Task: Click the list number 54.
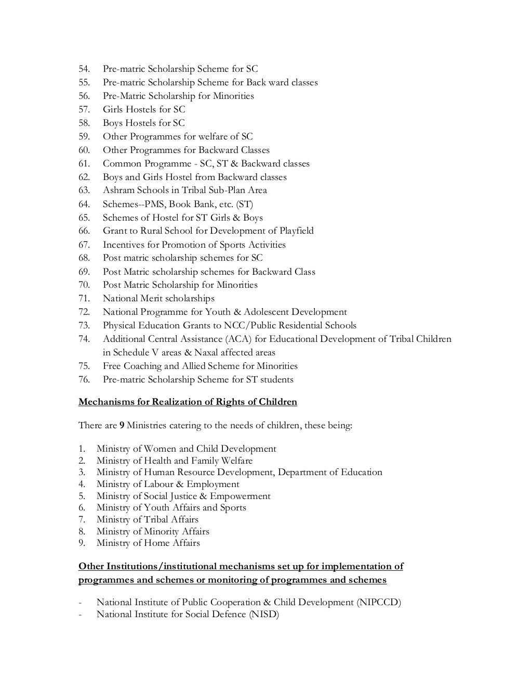(84, 69)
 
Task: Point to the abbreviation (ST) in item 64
(245, 204)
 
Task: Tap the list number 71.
(84, 299)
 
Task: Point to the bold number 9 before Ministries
(122, 426)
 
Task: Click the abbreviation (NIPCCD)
(379, 603)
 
